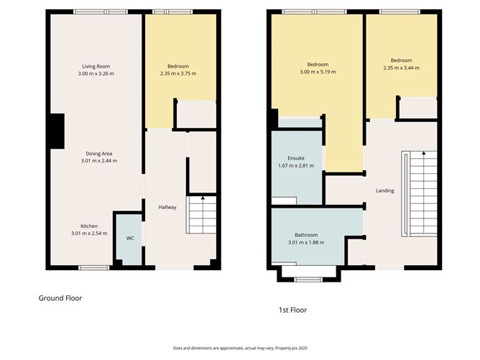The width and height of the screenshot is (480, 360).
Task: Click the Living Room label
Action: pos(96,66)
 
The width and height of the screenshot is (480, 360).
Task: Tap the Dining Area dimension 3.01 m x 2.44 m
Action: pos(96,160)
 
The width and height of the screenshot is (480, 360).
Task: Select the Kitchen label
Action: pos(89,226)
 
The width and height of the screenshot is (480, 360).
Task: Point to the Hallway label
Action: pos(167,208)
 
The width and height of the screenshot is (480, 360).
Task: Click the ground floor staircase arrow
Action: pos(203,198)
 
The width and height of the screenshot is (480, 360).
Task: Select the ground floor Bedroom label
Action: pos(177,66)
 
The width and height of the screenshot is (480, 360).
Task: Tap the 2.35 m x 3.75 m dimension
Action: pos(177,73)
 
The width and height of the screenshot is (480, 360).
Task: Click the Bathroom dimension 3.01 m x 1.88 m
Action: pos(305,242)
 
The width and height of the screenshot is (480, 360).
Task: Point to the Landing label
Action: pos(384,190)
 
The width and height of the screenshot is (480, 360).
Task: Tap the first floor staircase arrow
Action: pos(424,154)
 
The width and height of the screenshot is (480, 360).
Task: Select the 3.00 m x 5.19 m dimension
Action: pos(318,72)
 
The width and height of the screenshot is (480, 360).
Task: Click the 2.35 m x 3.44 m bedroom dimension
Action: pos(401,68)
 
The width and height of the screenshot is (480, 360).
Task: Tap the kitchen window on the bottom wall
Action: pos(93,268)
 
